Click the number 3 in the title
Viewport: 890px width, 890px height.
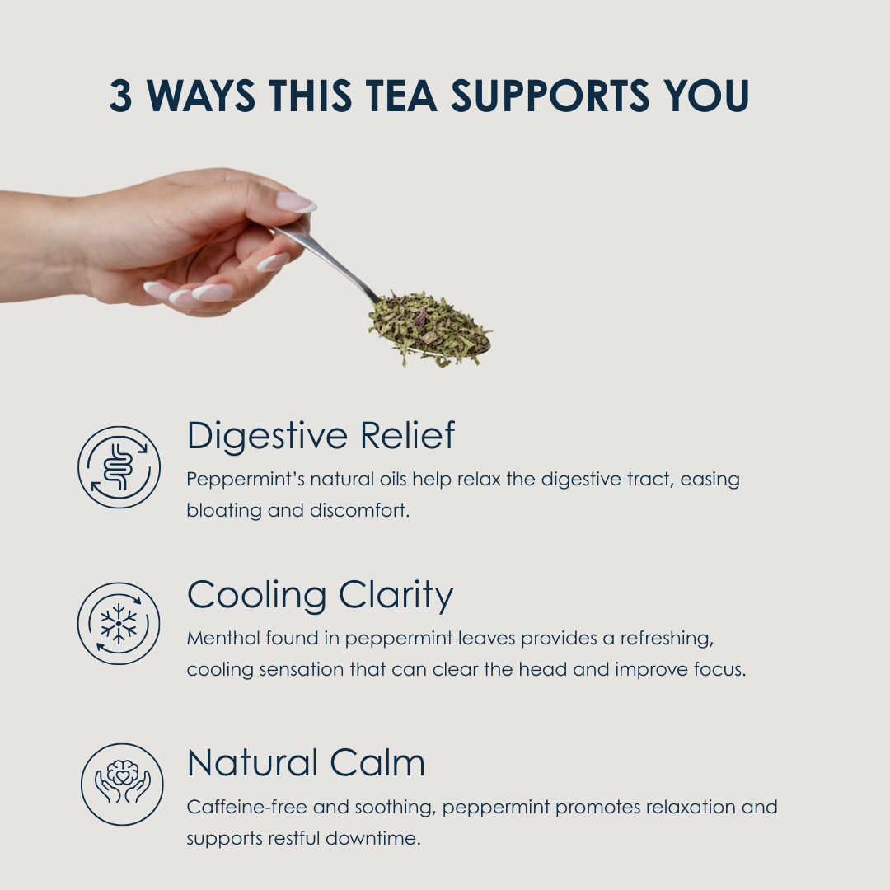[120, 95]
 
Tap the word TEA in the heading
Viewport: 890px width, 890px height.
[400, 95]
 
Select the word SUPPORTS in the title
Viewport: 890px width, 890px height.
[550, 95]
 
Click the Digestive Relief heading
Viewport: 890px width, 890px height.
[321, 435]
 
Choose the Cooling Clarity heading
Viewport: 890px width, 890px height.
[320, 596]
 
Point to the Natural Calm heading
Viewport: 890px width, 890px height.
[306, 762]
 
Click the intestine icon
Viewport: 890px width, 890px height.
[119, 467]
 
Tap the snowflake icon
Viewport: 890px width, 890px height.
[119, 624]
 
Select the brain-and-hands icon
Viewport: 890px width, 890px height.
[122, 785]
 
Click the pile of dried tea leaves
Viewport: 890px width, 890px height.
[429, 328]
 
